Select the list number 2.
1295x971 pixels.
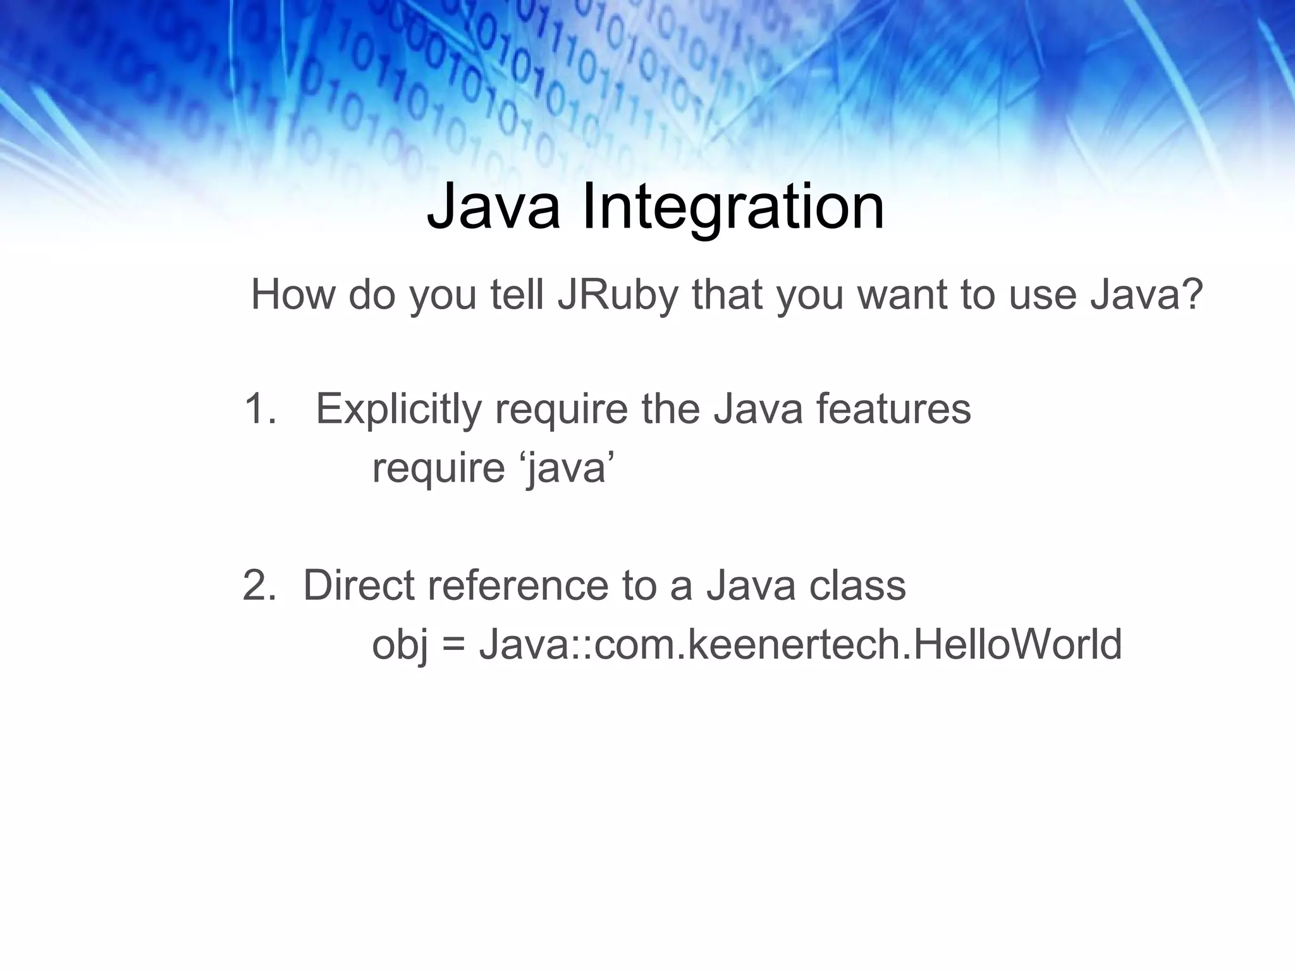[x=258, y=585]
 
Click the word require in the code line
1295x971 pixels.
[x=438, y=469]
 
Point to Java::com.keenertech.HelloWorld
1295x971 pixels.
[x=800, y=645]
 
